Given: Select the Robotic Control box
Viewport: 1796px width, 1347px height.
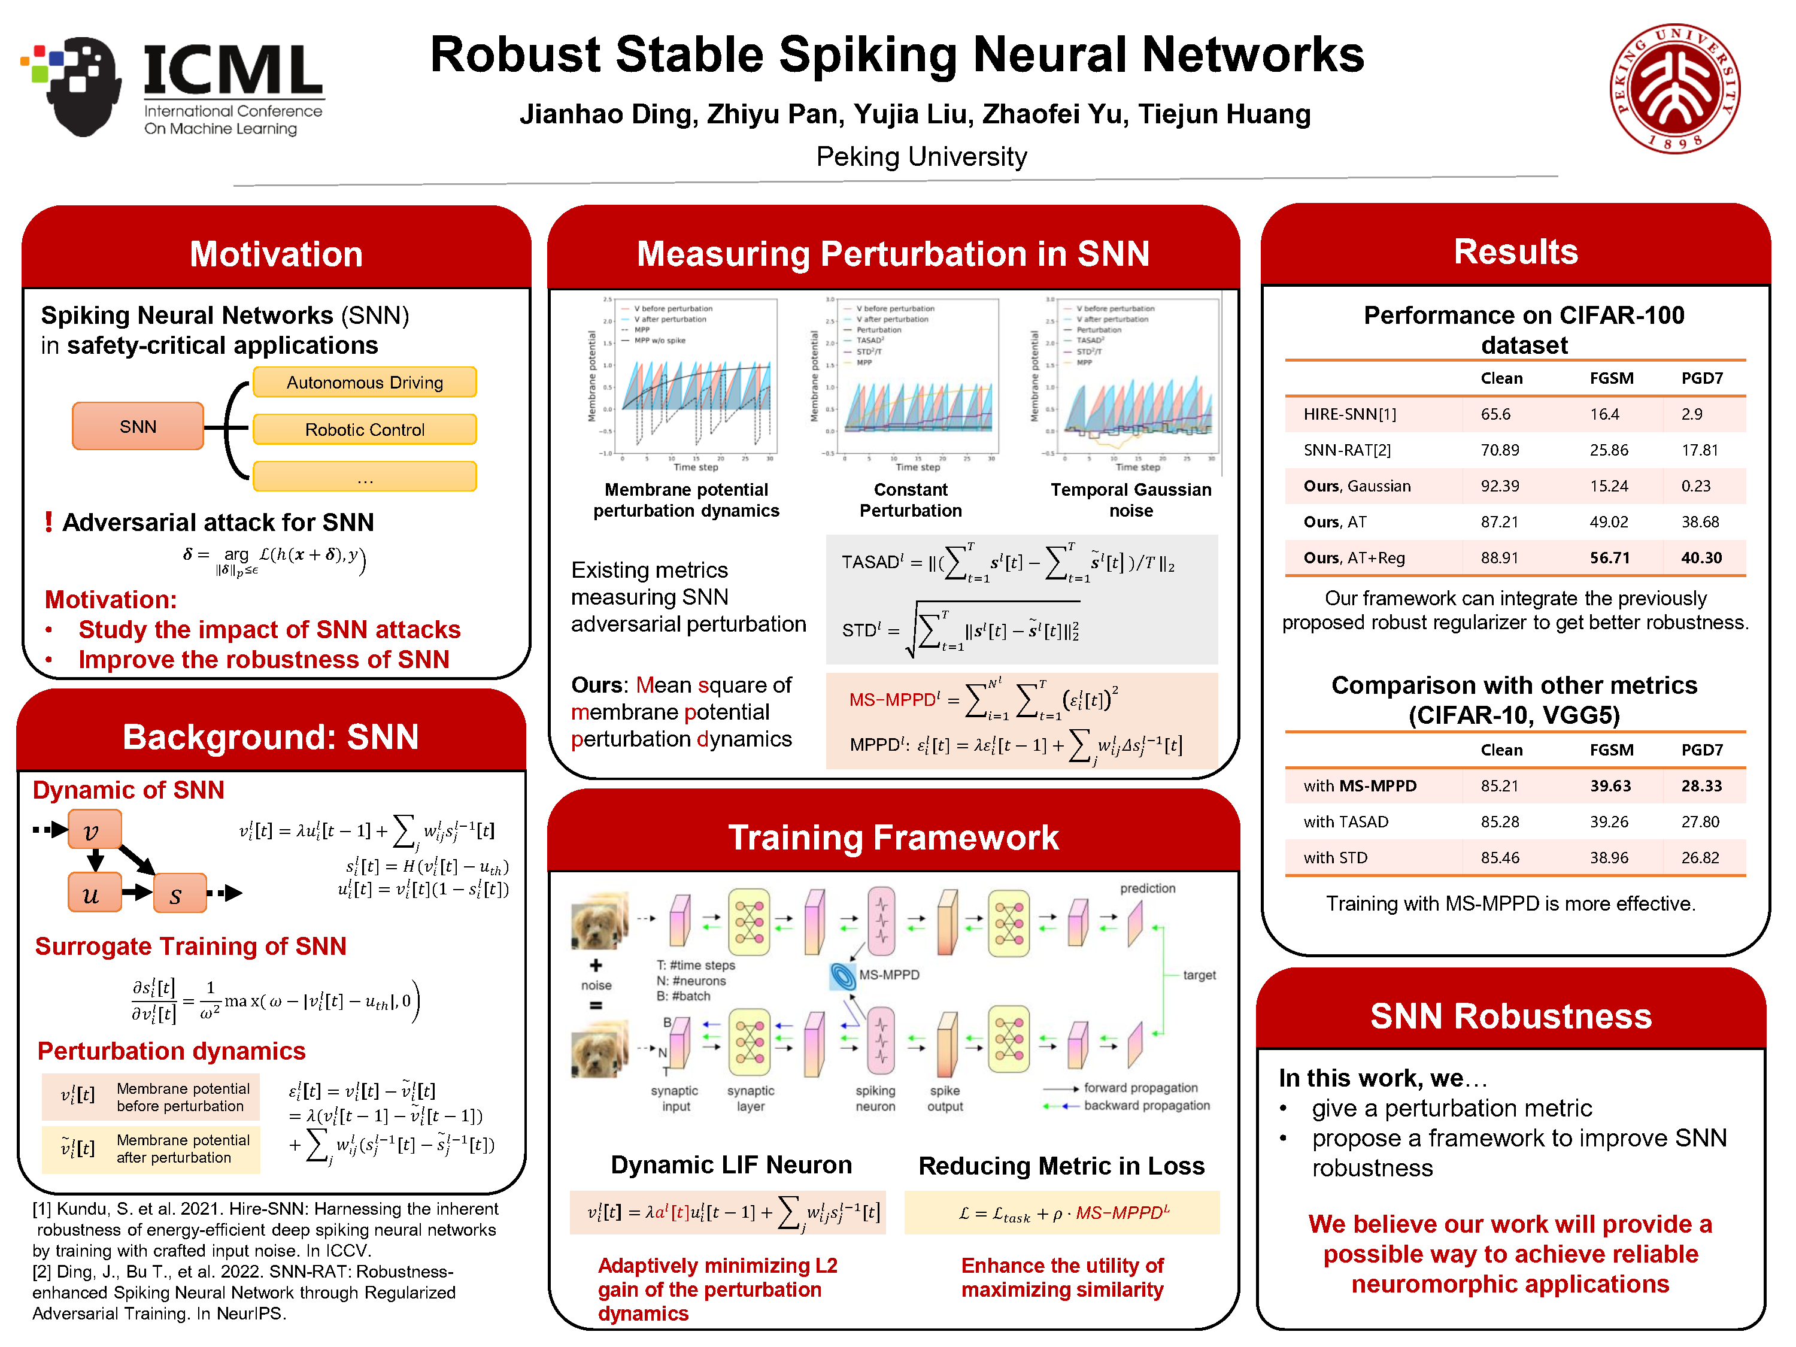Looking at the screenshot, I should (365, 429).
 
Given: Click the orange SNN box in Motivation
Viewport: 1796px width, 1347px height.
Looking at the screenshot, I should (138, 426).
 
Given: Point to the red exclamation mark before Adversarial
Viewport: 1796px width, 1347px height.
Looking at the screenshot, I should (48, 522).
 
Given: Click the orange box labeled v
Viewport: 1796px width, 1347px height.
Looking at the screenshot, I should (94, 830).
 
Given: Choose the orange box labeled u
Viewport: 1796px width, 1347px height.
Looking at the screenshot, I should (94, 893).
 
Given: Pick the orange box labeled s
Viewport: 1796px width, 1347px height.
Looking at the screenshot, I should (178, 894).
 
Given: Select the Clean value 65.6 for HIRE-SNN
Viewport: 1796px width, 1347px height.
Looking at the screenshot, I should (1495, 414).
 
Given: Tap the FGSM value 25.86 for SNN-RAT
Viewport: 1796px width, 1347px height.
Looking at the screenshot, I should (1609, 450).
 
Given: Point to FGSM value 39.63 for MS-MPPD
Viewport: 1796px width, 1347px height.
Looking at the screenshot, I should (1609, 786).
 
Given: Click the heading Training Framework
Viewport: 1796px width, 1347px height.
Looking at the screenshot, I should (893, 837).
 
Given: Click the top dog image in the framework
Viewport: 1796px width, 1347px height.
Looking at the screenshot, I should (599, 921).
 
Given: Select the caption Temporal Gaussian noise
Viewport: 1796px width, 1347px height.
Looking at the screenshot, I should (1130, 499).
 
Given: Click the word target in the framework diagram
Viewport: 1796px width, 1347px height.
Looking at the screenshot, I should (1199, 975).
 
